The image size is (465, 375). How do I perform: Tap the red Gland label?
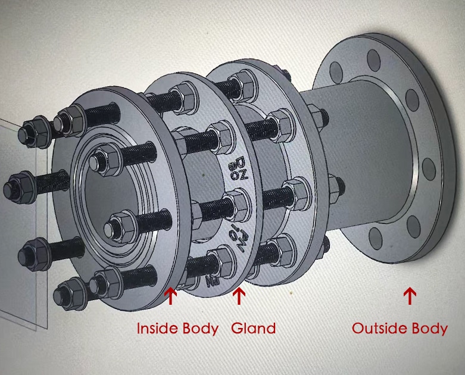click(253, 328)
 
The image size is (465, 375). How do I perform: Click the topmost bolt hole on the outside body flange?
click(373, 60)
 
